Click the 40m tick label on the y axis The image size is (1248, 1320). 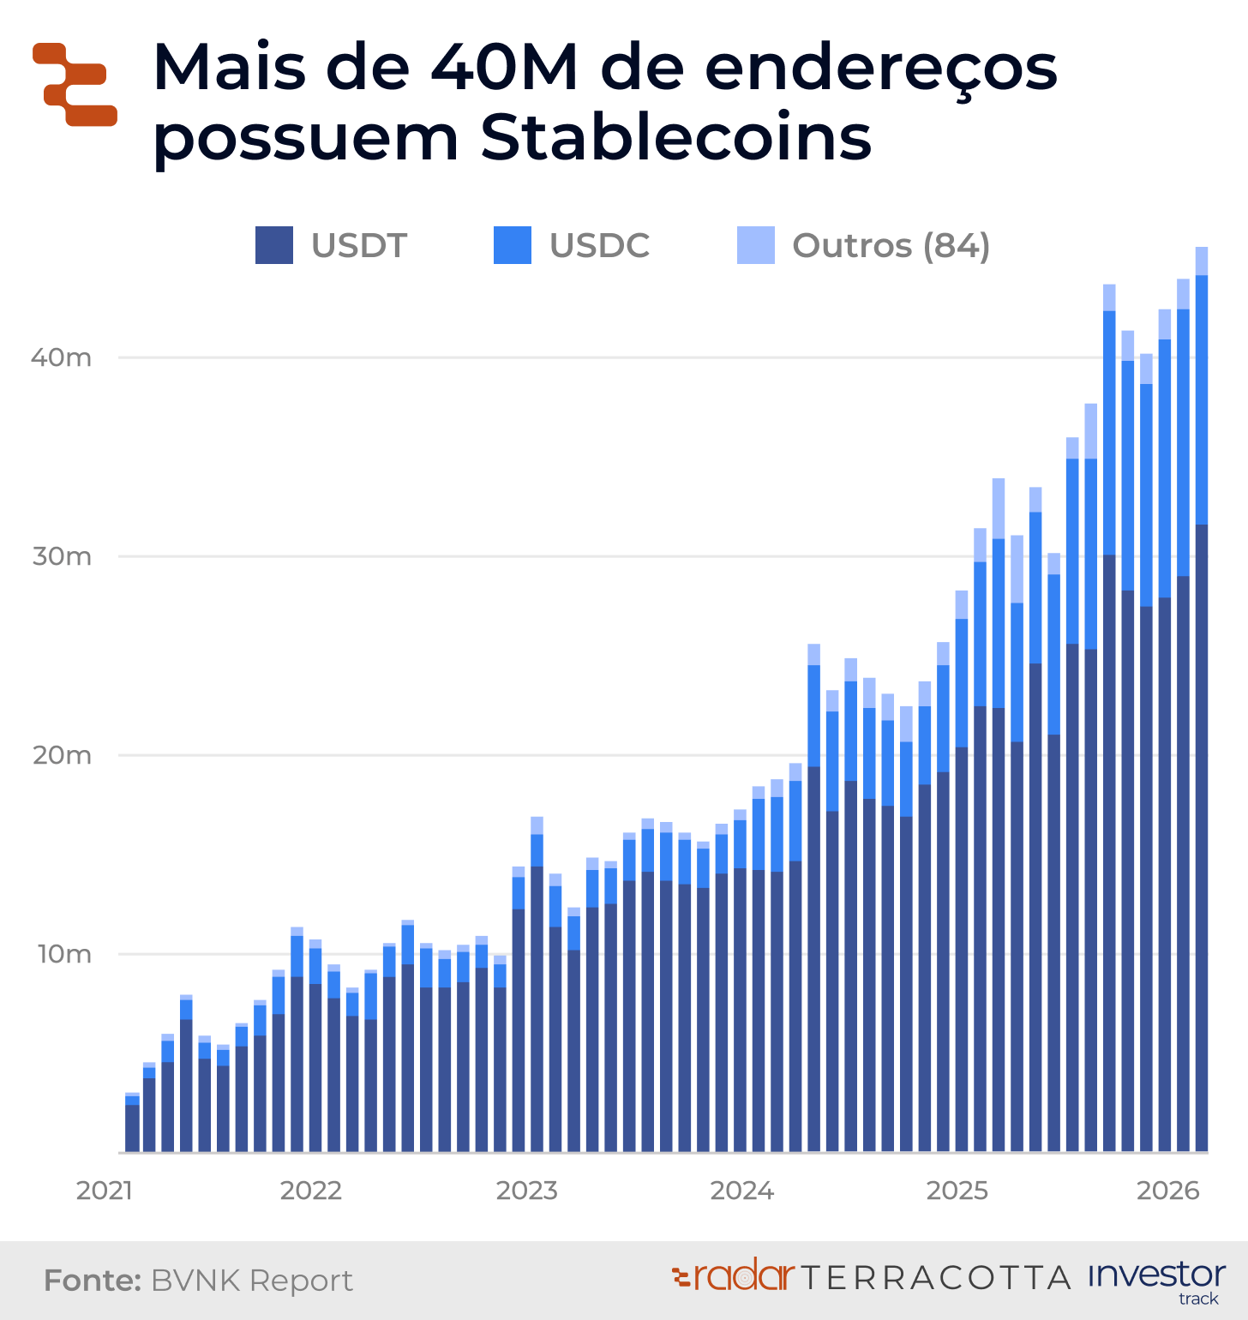click(61, 357)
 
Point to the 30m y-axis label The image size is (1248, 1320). click(62, 556)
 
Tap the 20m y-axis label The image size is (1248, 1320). click(62, 755)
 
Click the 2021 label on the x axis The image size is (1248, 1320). click(104, 1191)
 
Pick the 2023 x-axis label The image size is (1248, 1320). click(526, 1191)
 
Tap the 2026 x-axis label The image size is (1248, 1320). click(1167, 1191)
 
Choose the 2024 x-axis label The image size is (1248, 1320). click(741, 1191)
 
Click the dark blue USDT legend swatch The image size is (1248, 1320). click(274, 245)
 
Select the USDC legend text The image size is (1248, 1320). click(599, 245)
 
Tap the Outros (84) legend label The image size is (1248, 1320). click(891, 245)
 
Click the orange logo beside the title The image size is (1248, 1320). click(75, 84)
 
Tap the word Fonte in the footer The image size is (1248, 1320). click(92, 1281)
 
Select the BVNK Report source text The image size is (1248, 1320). click(252, 1281)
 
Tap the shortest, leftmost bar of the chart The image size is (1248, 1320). click(132, 1123)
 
